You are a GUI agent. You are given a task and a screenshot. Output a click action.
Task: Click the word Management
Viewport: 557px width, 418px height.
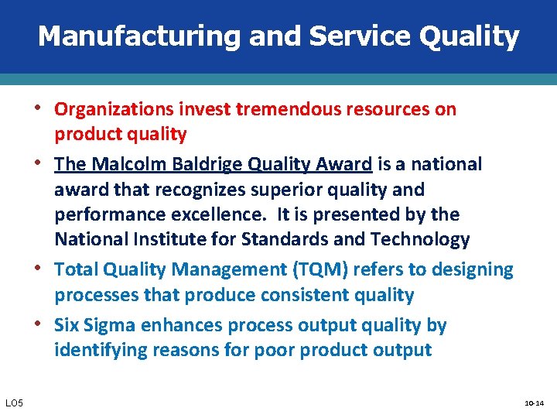click(217, 270)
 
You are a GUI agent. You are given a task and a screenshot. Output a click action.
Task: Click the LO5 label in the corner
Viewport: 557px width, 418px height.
click(15, 403)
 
